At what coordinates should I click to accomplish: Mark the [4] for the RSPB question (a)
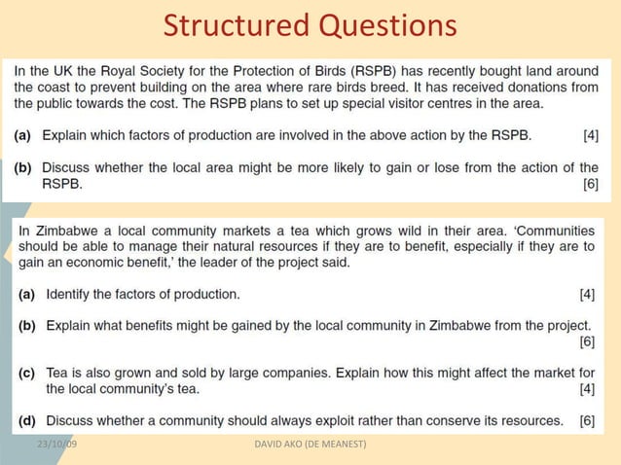590,135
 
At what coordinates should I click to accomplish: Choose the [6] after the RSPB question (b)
590,182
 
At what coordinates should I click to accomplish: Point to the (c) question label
27,373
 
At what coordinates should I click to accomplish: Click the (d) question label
27,420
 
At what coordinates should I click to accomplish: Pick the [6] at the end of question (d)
587,420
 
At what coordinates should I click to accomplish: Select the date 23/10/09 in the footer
57,445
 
